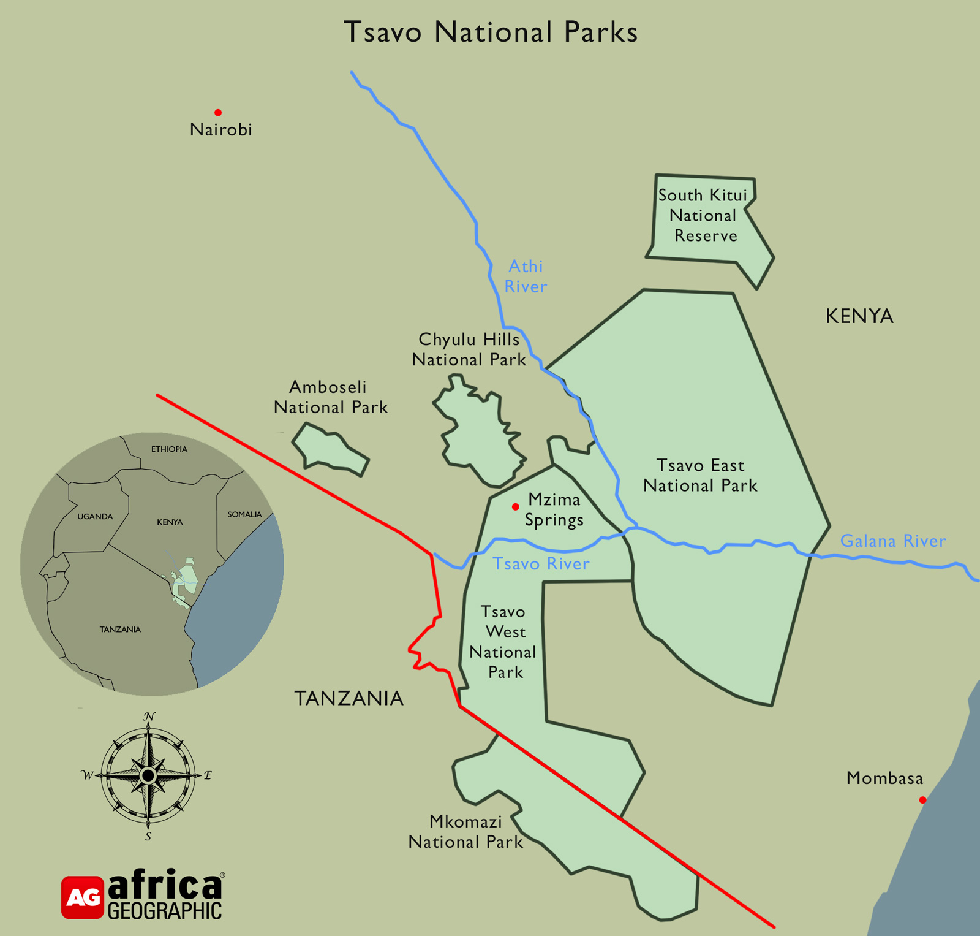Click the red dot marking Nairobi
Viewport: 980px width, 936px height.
[218, 113]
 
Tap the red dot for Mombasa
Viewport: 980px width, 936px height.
[922, 800]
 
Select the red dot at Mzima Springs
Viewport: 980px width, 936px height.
[516, 507]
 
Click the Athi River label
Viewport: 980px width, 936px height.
[526, 276]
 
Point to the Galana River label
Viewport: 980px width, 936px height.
[892, 541]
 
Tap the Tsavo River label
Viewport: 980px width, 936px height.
[541, 564]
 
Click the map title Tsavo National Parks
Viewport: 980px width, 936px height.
[491, 32]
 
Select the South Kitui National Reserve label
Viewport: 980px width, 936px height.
[703, 215]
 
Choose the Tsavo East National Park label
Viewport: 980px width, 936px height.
[700, 476]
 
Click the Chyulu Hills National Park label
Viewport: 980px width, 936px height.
[469, 349]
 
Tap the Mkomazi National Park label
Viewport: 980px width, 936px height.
[466, 832]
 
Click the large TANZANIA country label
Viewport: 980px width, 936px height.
[349, 698]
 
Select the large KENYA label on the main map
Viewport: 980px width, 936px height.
[859, 316]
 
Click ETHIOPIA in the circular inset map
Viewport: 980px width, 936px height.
[169, 449]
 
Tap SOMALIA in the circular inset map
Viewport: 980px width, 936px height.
[244, 514]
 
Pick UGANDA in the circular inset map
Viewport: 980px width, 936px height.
[95, 517]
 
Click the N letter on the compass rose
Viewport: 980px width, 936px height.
[149, 717]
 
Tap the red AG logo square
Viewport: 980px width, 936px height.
[83, 897]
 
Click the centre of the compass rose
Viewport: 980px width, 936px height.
[148, 776]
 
